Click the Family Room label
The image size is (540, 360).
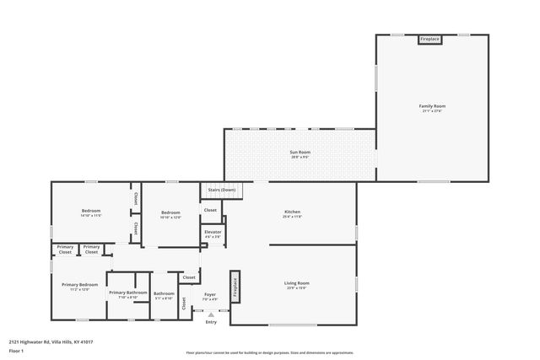click(432, 105)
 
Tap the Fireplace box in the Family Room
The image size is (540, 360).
click(430, 39)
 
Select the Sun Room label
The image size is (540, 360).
click(300, 152)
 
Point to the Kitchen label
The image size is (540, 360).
click(292, 212)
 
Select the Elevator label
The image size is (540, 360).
click(213, 231)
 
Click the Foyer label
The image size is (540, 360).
click(210, 294)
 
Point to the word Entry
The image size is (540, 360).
click(211, 322)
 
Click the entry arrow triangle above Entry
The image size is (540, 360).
click(211, 314)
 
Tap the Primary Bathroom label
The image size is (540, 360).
click(127, 292)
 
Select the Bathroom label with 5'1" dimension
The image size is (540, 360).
click(164, 293)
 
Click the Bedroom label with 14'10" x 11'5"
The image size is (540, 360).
click(91, 210)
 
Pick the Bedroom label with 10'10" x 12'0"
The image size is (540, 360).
click(170, 212)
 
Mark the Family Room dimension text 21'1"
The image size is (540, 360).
click(432, 110)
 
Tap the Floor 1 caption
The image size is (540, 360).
click(16, 350)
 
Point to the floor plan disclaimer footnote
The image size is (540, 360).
click(269, 352)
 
